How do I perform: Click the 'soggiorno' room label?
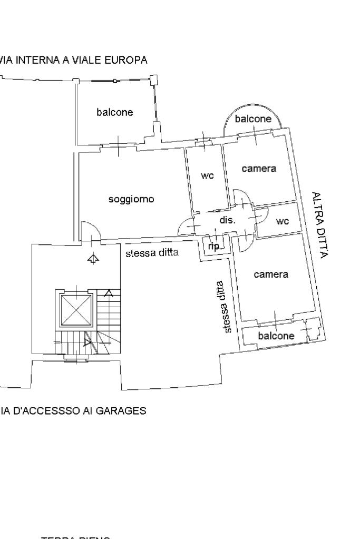click(131, 199)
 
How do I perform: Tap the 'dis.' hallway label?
click(227, 220)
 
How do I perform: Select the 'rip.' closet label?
click(214, 246)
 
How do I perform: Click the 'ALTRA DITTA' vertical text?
click(320, 225)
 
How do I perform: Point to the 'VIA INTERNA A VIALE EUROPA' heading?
click(74, 60)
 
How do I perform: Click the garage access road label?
click(73, 410)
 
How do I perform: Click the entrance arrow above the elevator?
click(93, 259)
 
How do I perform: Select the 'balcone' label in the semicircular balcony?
click(253, 119)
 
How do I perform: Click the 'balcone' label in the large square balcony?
click(114, 112)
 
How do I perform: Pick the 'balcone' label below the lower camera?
click(276, 336)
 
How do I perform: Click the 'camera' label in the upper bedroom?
click(259, 169)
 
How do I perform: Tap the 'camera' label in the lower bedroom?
click(271, 275)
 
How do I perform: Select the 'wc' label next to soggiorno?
click(207, 176)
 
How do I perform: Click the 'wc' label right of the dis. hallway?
click(283, 221)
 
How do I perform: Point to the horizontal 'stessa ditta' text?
click(152, 253)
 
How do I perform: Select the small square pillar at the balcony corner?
click(154, 80)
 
